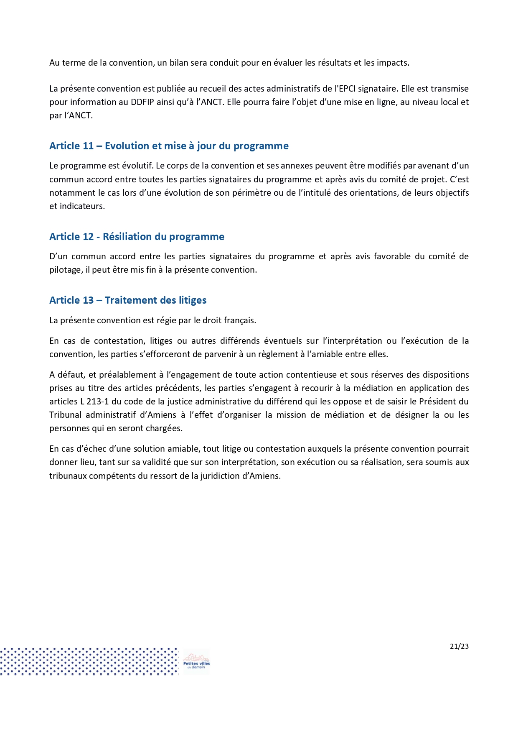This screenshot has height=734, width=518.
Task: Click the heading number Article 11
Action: coord(71,146)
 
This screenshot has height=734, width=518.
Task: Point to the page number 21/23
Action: coord(459,646)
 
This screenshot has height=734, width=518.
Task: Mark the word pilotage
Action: coord(65,270)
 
